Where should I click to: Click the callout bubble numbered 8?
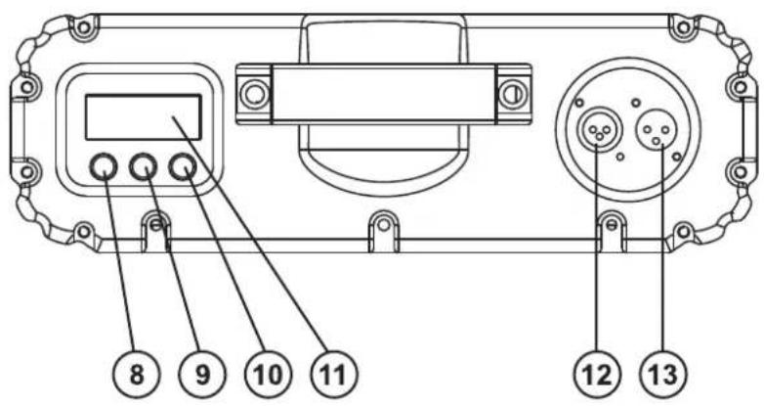[x=137, y=375]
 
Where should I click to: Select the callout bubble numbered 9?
[x=202, y=375]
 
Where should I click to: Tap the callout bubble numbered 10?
[x=269, y=375]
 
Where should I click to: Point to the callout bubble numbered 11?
[x=334, y=375]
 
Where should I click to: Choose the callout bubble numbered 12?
[x=597, y=375]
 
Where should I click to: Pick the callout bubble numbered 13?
[x=664, y=375]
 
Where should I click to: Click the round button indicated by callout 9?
[x=144, y=167]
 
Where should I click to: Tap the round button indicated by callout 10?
[x=183, y=167]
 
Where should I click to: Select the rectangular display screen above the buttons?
[x=144, y=117]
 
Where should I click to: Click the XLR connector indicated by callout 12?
[x=599, y=131]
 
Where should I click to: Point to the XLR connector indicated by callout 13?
[x=657, y=131]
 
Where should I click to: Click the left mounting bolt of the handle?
[x=254, y=94]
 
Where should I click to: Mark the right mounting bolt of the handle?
[x=513, y=94]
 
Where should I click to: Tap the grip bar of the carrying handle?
[x=383, y=94]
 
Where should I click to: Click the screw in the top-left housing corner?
[x=84, y=26]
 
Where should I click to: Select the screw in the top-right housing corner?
[x=683, y=26]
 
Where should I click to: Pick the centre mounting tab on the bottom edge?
[x=384, y=229]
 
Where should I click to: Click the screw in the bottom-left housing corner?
[x=84, y=231]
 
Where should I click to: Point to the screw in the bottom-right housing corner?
[x=683, y=231]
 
